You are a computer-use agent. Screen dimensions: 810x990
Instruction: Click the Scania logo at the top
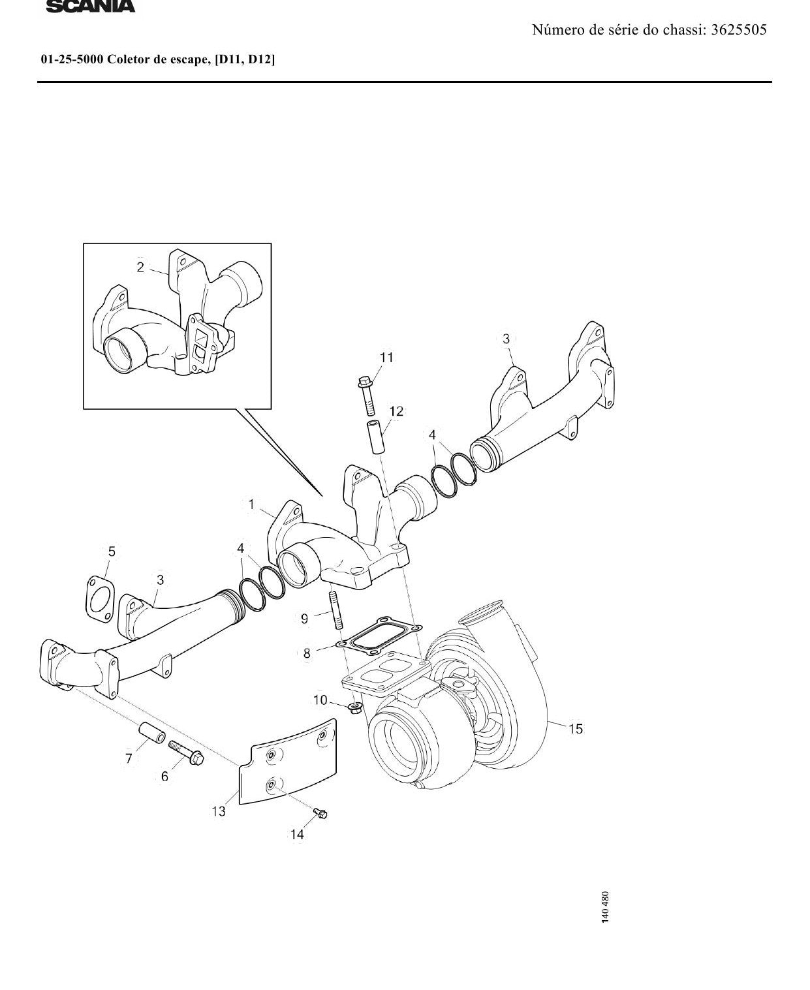[91, 6]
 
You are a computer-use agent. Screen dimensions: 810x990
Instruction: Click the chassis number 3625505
[739, 30]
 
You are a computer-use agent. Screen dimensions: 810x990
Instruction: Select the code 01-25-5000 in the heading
[72, 59]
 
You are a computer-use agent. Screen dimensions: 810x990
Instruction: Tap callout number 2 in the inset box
[140, 267]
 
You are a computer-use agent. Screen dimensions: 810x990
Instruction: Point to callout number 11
[386, 358]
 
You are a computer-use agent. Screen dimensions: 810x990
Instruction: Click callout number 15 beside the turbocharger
[576, 729]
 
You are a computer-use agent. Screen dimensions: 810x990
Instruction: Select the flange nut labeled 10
[355, 707]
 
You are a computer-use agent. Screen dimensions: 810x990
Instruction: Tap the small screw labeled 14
[320, 812]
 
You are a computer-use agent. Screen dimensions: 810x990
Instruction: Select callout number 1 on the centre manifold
[251, 504]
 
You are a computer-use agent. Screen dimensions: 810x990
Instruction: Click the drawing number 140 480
[605, 907]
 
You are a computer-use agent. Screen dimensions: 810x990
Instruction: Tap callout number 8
[307, 653]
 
